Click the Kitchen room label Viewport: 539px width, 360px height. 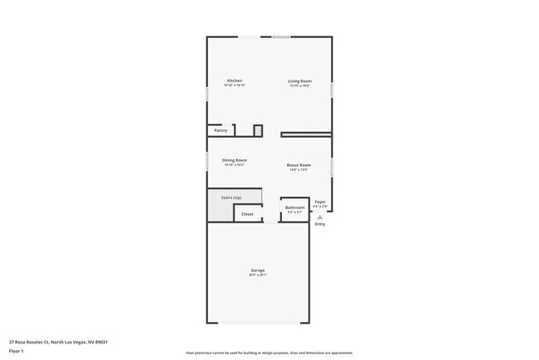click(x=235, y=80)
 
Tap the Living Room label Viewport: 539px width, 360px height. click(x=299, y=80)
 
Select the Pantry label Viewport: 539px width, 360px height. click(x=221, y=130)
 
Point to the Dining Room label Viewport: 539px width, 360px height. click(x=235, y=160)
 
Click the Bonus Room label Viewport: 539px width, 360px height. click(x=299, y=165)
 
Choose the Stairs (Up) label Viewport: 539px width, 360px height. click(x=231, y=197)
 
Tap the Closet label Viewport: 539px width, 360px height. click(x=247, y=214)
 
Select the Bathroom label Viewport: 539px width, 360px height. click(x=295, y=207)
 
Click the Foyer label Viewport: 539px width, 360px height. click(x=320, y=202)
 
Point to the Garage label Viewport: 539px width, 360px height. click(x=258, y=270)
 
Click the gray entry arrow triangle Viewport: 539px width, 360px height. click(x=320, y=217)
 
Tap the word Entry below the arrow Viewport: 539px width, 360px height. click(x=320, y=224)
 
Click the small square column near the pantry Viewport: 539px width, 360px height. click(x=258, y=130)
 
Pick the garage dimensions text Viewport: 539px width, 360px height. click(x=258, y=275)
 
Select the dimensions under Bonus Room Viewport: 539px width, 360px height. click(x=299, y=170)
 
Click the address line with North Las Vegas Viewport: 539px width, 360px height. click(x=59, y=342)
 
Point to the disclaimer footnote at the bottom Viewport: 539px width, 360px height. click(x=269, y=353)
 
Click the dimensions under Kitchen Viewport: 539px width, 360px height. click(x=235, y=85)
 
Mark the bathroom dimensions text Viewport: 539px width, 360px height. click(x=295, y=212)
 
